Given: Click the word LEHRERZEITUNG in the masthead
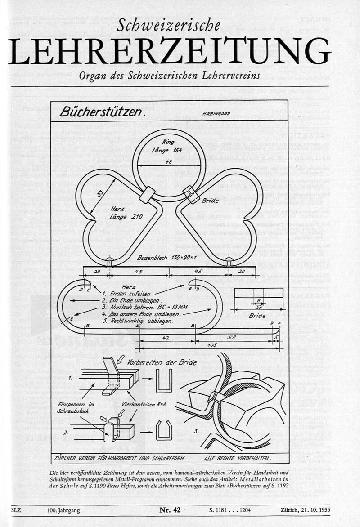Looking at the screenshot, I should click(169, 50).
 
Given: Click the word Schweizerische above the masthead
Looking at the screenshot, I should click(168, 27).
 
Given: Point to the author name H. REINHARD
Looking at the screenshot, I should click(216, 114).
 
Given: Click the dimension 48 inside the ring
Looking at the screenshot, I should click(168, 161).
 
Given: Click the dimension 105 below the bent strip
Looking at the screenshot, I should click(212, 345).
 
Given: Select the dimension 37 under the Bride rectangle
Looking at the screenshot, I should click(257, 307).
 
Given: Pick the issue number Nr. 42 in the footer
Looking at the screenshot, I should click(170, 509).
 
